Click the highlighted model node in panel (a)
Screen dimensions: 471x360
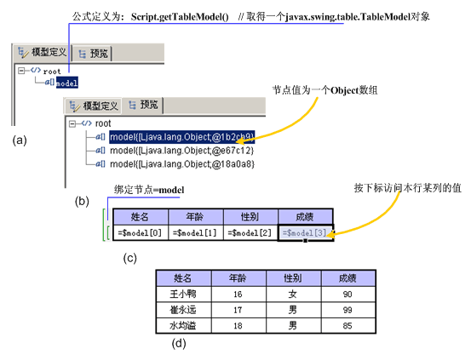[x=67, y=83]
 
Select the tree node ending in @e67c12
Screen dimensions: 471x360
[x=181, y=151]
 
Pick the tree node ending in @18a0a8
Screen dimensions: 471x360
[x=182, y=164]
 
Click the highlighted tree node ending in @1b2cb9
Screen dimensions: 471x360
[x=182, y=137]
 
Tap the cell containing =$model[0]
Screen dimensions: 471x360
[x=141, y=232]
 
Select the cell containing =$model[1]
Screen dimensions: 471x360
[x=195, y=232]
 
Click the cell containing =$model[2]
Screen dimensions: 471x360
[x=250, y=232]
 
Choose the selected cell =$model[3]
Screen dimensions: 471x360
[x=306, y=232]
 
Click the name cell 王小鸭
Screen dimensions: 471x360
[x=183, y=294]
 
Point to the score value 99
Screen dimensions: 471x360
[x=348, y=310]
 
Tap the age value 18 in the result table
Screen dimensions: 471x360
[x=238, y=326]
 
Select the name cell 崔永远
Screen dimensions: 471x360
[x=183, y=310]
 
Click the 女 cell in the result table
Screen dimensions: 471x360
[x=293, y=294]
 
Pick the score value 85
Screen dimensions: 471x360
[x=348, y=326]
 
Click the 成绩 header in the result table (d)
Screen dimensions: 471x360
[x=348, y=278]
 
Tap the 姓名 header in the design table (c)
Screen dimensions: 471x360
[x=141, y=216]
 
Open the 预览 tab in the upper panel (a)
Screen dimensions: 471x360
[x=92, y=54]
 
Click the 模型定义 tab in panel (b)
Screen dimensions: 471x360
[x=94, y=106]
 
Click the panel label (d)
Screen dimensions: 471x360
[x=179, y=343]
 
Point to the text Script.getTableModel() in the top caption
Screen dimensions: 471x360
[x=180, y=17]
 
